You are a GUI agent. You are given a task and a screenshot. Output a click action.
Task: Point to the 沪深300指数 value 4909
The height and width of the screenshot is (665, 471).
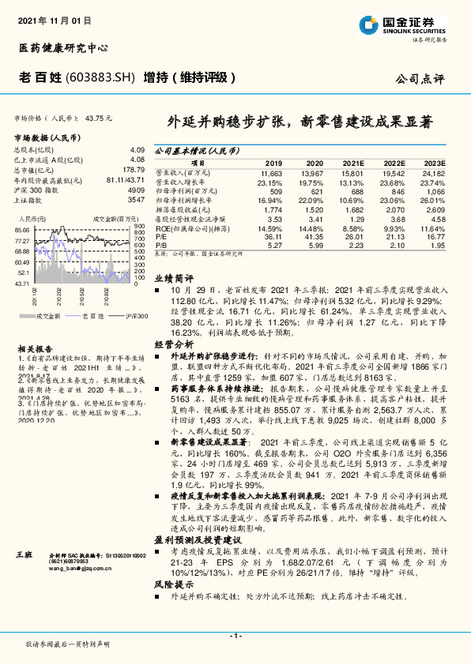click(x=137, y=190)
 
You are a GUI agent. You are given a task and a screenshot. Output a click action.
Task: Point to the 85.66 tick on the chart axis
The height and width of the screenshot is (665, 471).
click(x=21, y=230)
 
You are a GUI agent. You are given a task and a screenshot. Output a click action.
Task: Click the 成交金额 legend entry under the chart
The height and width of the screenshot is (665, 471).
click(x=49, y=316)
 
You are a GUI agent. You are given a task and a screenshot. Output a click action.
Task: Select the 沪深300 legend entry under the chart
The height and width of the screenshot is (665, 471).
click(x=137, y=316)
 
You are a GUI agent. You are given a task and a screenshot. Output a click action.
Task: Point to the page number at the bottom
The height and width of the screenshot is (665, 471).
click(x=235, y=636)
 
